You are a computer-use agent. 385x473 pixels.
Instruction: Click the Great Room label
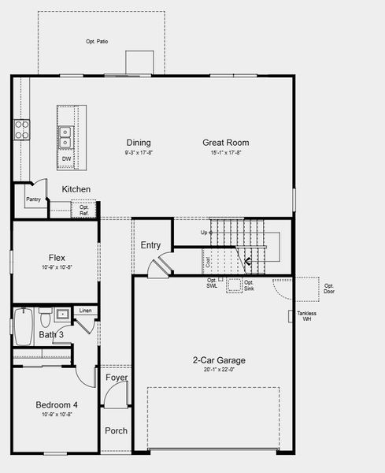click(226, 143)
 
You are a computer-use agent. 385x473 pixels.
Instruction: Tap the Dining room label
click(139, 143)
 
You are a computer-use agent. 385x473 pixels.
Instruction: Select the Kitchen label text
click(76, 189)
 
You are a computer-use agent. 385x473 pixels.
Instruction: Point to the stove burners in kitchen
click(21, 128)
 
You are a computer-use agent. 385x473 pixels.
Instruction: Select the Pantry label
click(32, 200)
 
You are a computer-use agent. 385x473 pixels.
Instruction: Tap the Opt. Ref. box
click(83, 210)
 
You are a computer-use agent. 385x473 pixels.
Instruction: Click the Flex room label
click(57, 257)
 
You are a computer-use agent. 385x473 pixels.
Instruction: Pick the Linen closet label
click(85, 311)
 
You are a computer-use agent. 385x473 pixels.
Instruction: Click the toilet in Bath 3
click(46, 320)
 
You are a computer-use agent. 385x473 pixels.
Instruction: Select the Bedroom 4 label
click(57, 405)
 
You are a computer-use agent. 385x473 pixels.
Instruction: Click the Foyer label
click(117, 378)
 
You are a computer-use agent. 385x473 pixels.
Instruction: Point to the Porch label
click(117, 430)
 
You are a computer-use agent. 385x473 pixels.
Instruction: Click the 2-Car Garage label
click(219, 360)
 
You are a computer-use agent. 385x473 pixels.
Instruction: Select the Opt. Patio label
click(97, 41)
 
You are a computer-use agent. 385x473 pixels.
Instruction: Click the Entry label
click(150, 245)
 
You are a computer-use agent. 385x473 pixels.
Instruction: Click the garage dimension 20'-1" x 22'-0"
click(219, 370)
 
